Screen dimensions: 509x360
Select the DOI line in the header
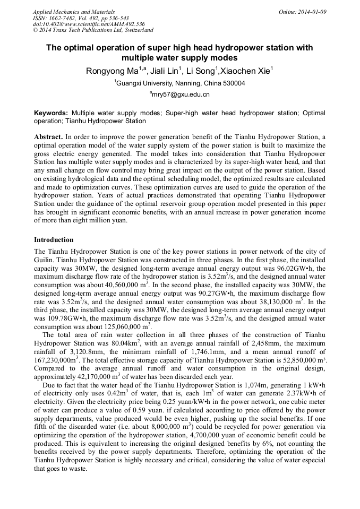coord(89,24)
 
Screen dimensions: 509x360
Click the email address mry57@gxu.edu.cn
coord(181,94)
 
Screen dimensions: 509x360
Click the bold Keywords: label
coord(51,113)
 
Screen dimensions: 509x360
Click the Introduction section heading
coord(54,240)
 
